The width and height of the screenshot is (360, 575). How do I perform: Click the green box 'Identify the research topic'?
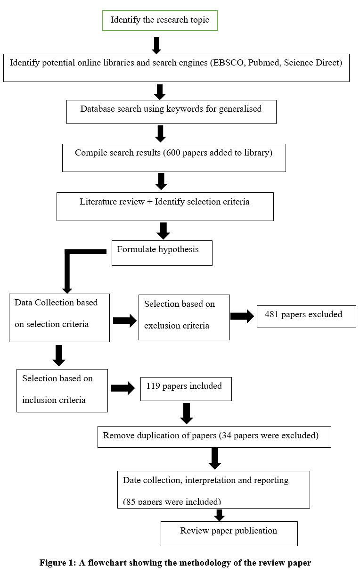(x=160, y=21)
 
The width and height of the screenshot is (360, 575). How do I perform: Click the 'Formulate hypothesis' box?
(x=162, y=253)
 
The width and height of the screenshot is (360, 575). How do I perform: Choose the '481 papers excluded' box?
(x=306, y=317)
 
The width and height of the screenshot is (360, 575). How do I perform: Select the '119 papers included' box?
(x=186, y=389)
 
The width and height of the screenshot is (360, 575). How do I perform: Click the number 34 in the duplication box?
(x=227, y=435)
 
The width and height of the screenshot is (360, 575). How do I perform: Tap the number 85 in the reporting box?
(x=131, y=501)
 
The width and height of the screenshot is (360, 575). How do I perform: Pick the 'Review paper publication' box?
(x=229, y=534)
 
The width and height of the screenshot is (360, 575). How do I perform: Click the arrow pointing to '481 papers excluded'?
(x=242, y=316)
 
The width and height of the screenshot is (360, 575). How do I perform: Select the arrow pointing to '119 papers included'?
(x=123, y=388)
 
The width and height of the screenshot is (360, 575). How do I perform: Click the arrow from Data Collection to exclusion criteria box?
(x=125, y=320)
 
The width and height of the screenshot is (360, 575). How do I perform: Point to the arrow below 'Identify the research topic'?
(x=156, y=45)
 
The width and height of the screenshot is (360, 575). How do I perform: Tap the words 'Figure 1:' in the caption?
(x=58, y=562)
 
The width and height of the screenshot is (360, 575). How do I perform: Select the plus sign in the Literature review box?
(x=150, y=202)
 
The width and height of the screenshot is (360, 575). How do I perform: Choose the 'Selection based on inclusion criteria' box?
(x=62, y=390)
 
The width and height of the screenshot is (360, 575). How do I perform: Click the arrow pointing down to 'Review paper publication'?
(x=219, y=515)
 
